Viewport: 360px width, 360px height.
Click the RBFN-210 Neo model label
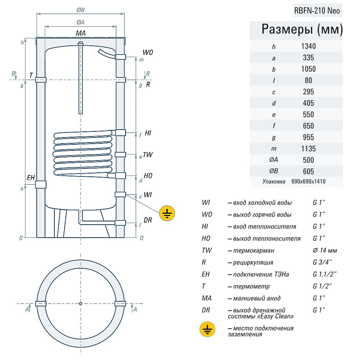(x=317, y=10)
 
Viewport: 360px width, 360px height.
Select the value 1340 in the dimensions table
(x=308, y=46)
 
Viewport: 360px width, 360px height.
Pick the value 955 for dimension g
(x=308, y=137)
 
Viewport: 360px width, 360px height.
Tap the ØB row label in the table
(x=274, y=171)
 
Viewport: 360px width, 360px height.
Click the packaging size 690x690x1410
(x=308, y=181)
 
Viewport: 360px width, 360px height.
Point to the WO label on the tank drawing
(x=148, y=53)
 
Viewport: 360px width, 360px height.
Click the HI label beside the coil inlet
(x=148, y=133)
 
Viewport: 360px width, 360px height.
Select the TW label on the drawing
(x=148, y=155)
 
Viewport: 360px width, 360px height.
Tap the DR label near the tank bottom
(x=148, y=220)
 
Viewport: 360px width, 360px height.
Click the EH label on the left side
(x=31, y=177)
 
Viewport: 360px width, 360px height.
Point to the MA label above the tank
(x=81, y=33)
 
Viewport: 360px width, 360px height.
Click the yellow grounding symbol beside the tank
(x=167, y=213)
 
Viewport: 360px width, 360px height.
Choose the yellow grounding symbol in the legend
(x=208, y=329)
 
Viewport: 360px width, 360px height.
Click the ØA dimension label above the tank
(x=81, y=22)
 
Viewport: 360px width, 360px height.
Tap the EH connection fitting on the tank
(x=41, y=184)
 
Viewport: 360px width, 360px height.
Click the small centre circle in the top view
(x=81, y=303)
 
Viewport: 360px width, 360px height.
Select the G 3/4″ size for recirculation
(x=323, y=262)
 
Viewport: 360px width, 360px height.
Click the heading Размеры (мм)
(x=302, y=30)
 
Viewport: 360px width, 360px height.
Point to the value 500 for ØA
(x=308, y=160)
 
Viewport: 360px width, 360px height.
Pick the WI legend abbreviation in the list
(x=206, y=203)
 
